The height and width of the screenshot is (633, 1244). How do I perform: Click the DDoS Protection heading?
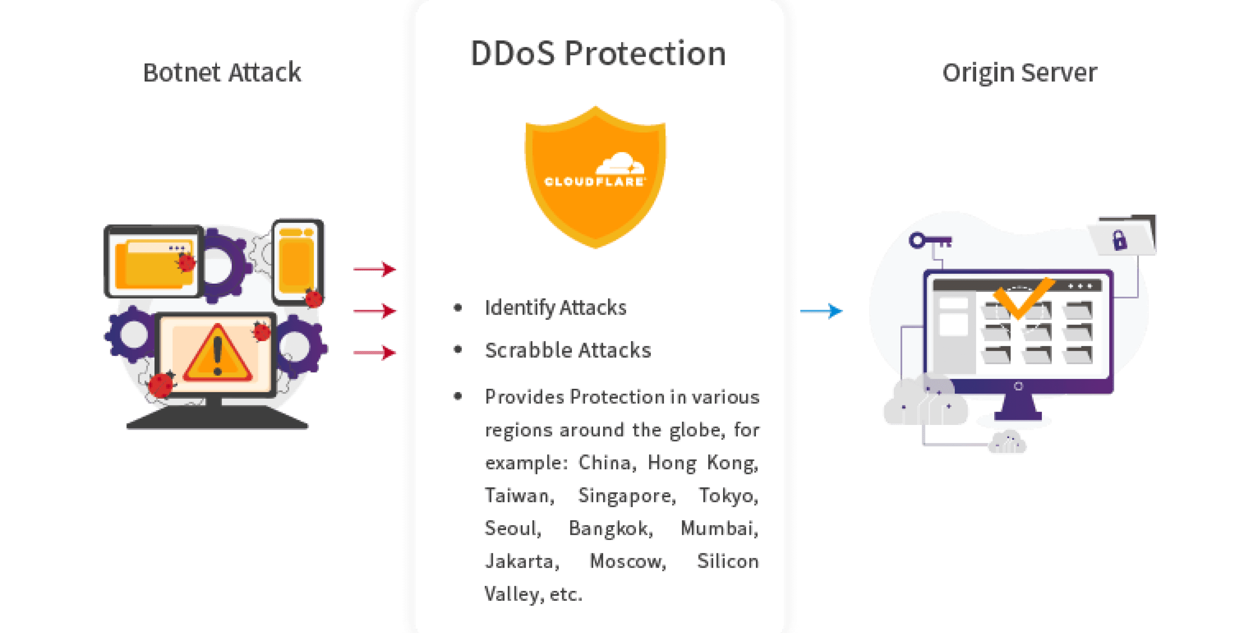pos(598,53)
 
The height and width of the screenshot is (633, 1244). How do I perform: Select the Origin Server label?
pos(1019,73)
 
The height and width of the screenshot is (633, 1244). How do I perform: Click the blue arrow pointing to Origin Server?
pos(822,311)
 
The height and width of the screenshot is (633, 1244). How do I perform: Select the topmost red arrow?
pos(375,269)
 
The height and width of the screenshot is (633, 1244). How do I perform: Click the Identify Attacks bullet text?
pos(555,308)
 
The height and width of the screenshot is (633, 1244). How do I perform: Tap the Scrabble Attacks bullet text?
pos(568,350)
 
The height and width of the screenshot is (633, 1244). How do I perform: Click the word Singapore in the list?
pos(627,496)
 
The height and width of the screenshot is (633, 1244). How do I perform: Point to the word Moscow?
pos(627,561)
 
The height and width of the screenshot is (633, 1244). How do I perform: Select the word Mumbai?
pos(719,529)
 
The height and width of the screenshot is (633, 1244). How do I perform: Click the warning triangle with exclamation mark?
pos(217,354)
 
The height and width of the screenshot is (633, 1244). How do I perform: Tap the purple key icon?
pos(929,240)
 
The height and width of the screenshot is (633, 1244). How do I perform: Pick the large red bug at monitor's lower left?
pos(161,385)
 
